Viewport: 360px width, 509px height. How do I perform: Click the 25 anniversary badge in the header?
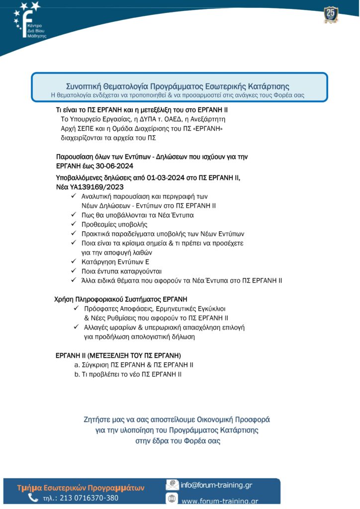(x=330, y=14)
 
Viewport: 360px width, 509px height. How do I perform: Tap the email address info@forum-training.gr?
(x=216, y=485)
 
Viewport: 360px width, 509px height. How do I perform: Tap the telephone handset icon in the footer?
(x=33, y=498)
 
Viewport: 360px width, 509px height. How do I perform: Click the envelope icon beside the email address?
(x=172, y=484)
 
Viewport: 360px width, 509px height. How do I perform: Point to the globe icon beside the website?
(x=172, y=499)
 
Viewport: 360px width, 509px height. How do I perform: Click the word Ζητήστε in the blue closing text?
(x=99, y=420)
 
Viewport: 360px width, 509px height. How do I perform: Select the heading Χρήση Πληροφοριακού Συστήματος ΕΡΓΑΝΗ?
(x=120, y=299)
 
